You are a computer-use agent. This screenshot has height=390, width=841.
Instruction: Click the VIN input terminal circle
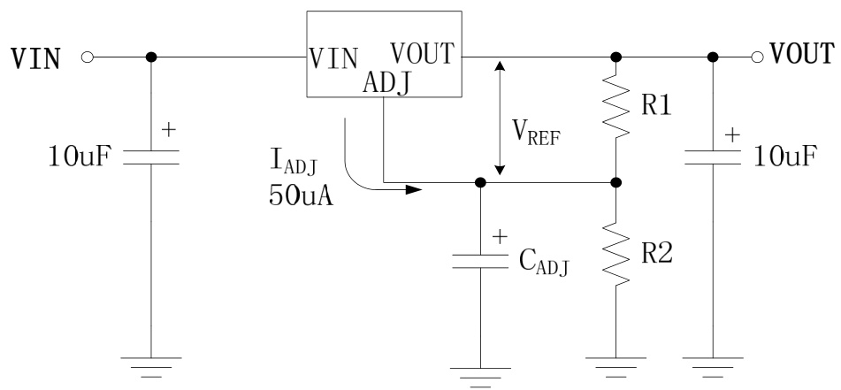coord(86,57)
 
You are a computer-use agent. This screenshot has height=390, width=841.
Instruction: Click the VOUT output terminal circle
coord(756,57)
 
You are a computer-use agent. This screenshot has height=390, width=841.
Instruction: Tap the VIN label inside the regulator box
coord(333,57)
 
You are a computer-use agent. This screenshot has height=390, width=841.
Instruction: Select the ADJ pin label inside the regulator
coord(387,83)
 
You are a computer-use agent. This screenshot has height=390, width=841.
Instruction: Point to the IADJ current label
coord(295,163)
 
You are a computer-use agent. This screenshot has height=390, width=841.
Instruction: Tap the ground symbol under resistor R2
coord(615,362)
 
